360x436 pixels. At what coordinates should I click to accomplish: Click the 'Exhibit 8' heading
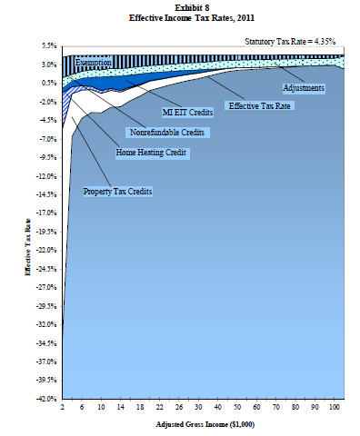[197, 6]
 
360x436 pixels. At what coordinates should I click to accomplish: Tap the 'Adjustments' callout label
[305, 87]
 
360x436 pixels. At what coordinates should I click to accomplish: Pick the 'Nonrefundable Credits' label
[168, 134]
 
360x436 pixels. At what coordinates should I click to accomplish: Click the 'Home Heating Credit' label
[151, 154]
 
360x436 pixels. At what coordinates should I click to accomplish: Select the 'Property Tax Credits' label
[117, 192]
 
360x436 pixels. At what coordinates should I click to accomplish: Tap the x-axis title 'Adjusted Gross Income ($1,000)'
[197, 424]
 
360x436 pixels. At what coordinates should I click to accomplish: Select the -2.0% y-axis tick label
[47, 101]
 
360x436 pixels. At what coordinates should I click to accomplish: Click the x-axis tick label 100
[336, 408]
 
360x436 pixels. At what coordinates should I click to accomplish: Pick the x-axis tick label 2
[62, 408]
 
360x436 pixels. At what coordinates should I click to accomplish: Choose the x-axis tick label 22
[160, 408]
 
